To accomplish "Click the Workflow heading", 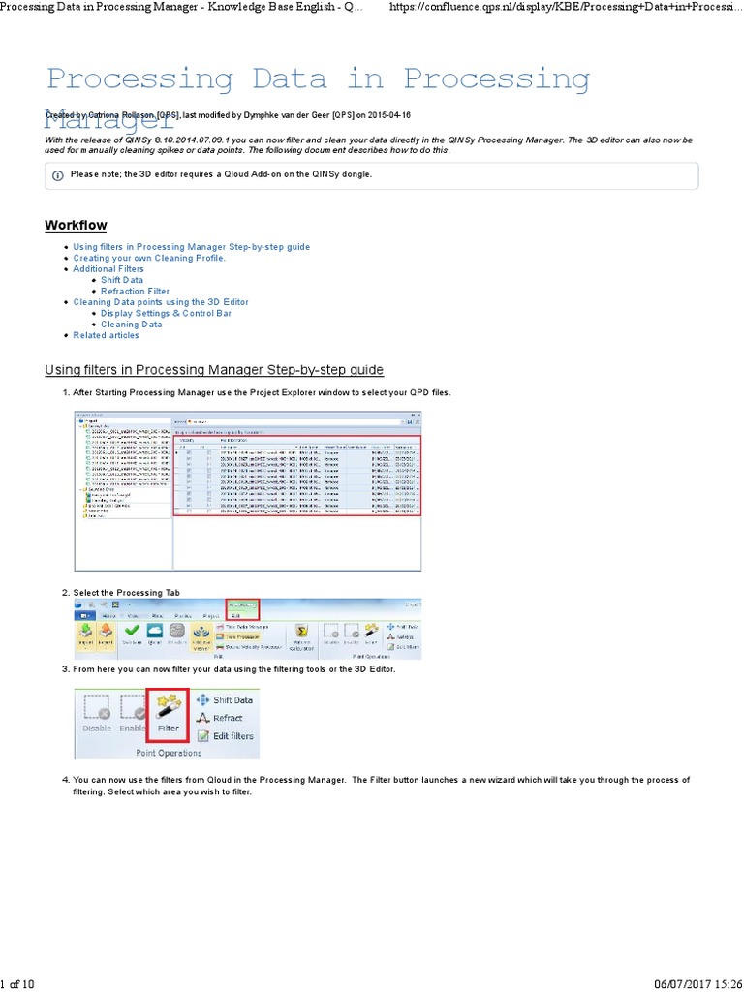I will pyautogui.click(x=76, y=226).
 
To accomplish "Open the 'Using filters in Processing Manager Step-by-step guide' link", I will pyautogui.click(x=191, y=247).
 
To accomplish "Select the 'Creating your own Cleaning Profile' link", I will pyautogui.click(x=149, y=259).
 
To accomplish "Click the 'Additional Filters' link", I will pyautogui.click(x=108, y=269).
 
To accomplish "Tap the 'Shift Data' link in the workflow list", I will pyautogui.click(x=122, y=280).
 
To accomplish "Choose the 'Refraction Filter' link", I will pyautogui.click(x=135, y=291).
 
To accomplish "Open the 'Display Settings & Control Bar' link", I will pyautogui.click(x=166, y=313).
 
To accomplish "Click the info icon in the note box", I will pyautogui.click(x=58, y=175).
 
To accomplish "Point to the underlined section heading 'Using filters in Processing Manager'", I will pyautogui.click(x=214, y=370).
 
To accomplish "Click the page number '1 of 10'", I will pyautogui.click(x=17, y=984).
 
